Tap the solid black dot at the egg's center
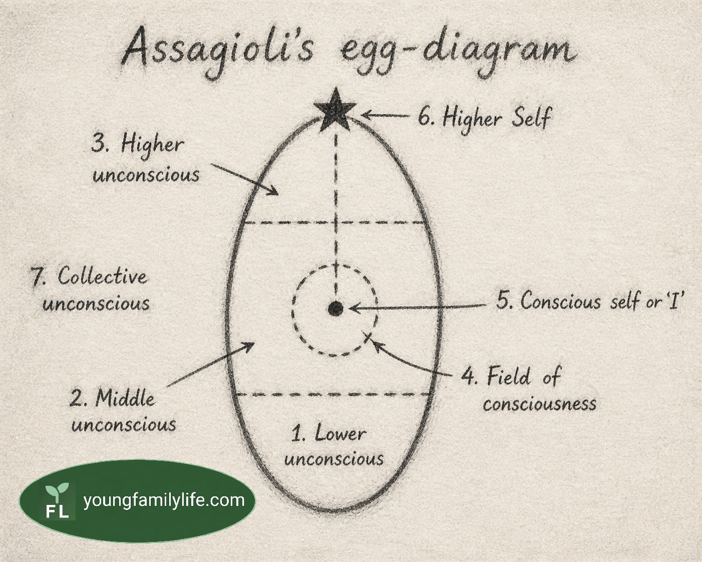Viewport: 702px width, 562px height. coord(335,309)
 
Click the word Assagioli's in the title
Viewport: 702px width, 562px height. coord(218,49)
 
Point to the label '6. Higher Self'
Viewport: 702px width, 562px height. coord(485,118)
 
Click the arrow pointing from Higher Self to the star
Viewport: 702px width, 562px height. coord(385,115)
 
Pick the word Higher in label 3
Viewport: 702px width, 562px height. coord(152,145)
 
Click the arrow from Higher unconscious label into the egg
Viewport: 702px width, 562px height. coord(245,179)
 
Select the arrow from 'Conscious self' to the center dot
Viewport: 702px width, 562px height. coord(418,307)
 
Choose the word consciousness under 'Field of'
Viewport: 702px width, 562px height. coord(540,405)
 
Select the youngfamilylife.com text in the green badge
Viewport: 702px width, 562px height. coord(164,500)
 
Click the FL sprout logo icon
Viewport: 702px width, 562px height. coord(58,501)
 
